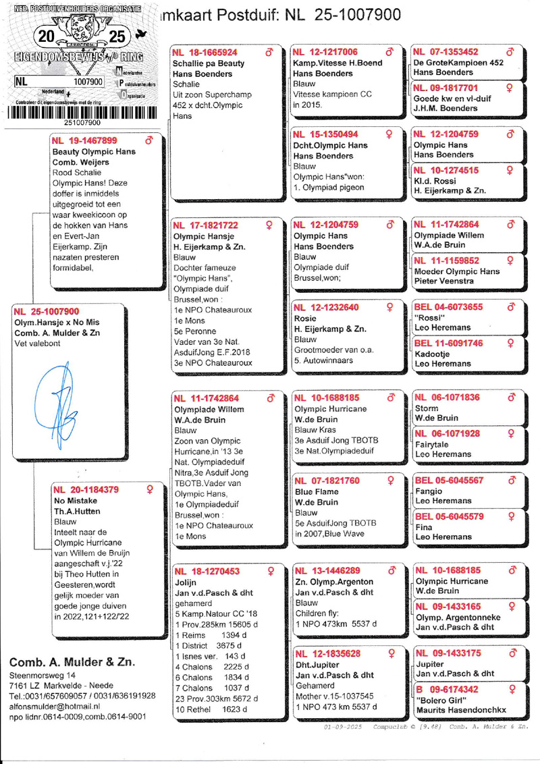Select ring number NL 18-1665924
(x=205, y=53)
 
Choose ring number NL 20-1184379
(x=86, y=490)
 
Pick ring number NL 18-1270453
(x=207, y=572)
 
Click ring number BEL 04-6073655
(x=448, y=307)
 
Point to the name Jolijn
(x=187, y=582)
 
